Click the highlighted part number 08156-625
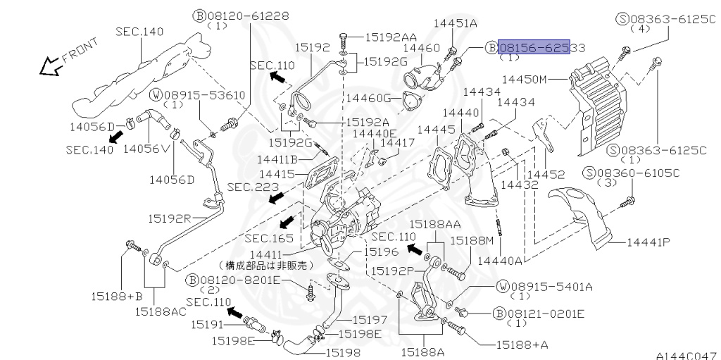pyautogui.click(x=534, y=47)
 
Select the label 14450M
pyautogui.click(x=524, y=79)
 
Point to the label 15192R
pyautogui.click(x=169, y=218)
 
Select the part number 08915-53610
pyautogui.click(x=205, y=95)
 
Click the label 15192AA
pyautogui.click(x=391, y=38)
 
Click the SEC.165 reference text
pyautogui.click(x=268, y=238)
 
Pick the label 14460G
pyautogui.click(x=369, y=98)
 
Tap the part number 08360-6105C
pyautogui.click(x=638, y=173)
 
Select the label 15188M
pyautogui.click(x=471, y=240)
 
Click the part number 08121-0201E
pyautogui.click(x=546, y=314)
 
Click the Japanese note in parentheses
pyautogui.click(x=265, y=265)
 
